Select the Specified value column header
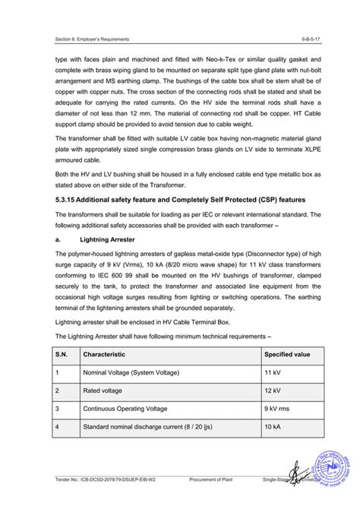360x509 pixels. point(287,354)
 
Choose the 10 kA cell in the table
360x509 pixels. point(273,427)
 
